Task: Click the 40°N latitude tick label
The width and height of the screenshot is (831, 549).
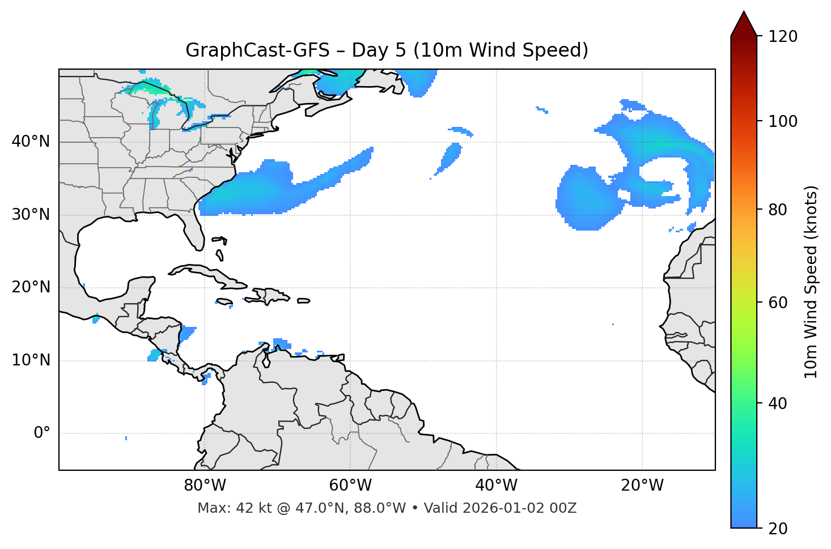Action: [31, 142]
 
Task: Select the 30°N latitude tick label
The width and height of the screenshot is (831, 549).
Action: [31, 215]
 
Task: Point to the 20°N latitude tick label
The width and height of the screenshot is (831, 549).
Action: [31, 287]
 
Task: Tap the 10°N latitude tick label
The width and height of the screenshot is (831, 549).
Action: [31, 360]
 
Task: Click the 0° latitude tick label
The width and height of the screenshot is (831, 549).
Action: [42, 433]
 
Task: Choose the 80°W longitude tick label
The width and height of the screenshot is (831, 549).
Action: [205, 486]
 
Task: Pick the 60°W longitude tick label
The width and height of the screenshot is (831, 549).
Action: [350, 486]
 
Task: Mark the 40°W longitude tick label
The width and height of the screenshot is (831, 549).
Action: [496, 486]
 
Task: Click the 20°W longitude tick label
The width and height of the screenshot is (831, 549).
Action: [642, 486]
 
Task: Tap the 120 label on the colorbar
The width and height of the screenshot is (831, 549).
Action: [783, 37]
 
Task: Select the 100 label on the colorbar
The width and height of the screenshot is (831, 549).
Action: [783, 121]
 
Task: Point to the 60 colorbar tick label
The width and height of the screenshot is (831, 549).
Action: [778, 303]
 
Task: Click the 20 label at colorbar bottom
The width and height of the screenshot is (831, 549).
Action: [778, 529]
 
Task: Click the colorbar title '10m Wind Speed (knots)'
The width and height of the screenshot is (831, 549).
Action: [811, 282]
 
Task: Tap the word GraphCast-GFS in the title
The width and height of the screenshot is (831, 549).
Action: [257, 50]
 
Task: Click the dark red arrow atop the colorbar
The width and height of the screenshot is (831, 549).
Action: [744, 24]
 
